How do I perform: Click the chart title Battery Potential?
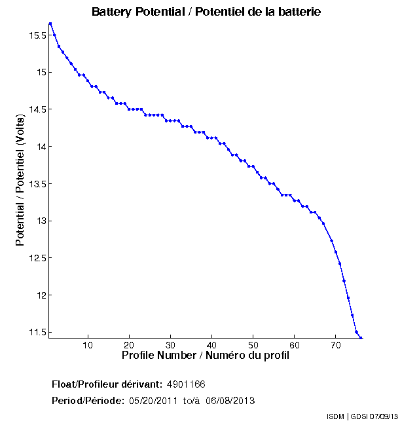(x=206, y=12)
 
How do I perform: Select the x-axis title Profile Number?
(x=206, y=355)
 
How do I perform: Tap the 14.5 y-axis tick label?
(x=37, y=109)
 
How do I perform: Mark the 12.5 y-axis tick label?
(x=37, y=258)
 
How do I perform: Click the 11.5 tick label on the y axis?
(x=37, y=332)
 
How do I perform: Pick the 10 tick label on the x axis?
(x=88, y=344)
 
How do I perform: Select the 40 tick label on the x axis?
(x=211, y=344)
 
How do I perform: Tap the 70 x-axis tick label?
(x=335, y=344)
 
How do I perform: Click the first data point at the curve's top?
(x=50, y=24)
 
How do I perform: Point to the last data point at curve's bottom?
(x=361, y=338)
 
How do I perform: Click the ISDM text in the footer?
(x=335, y=417)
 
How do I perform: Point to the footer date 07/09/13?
(x=382, y=417)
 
